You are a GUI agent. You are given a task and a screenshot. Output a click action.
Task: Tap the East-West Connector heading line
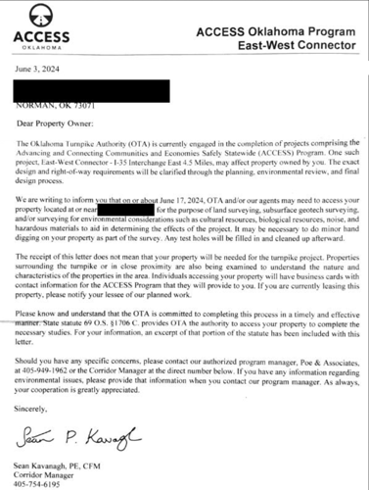[285, 47]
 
